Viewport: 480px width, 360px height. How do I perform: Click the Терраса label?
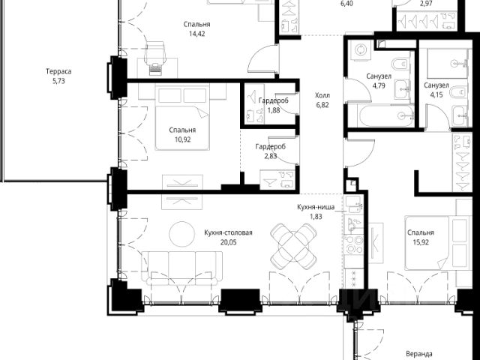58,72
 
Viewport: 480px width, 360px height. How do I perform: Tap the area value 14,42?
196,34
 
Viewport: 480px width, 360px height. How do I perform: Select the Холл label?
322,95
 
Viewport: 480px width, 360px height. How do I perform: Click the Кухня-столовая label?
228,233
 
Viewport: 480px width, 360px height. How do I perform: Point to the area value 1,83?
316,217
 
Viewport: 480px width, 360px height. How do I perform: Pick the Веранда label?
419,354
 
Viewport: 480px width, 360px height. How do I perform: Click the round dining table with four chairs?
293,246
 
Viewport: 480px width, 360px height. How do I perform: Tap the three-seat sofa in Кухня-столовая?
181,268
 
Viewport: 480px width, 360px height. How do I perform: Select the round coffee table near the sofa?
181,234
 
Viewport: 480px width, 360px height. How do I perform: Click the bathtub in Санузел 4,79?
382,115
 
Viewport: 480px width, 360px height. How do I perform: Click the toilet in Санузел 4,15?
460,91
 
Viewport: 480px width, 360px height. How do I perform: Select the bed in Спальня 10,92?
182,118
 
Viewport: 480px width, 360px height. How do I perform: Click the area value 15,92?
421,242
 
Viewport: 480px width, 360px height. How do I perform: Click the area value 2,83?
271,157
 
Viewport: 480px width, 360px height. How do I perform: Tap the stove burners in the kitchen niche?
353,244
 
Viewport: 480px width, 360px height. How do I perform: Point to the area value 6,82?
322,105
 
